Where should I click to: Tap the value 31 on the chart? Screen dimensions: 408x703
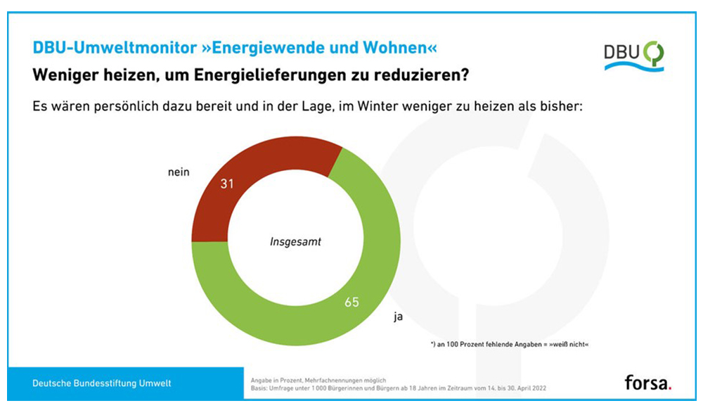click(x=226, y=184)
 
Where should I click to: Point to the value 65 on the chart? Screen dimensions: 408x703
click(x=351, y=303)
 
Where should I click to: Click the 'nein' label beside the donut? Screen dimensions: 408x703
click(x=179, y=172)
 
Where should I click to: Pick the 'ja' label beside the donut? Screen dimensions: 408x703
click(x=398, y=317)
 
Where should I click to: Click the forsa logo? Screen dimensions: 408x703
click(x=647, y=383)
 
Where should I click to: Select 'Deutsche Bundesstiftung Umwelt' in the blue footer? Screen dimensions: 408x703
click(x=102, y=383)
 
